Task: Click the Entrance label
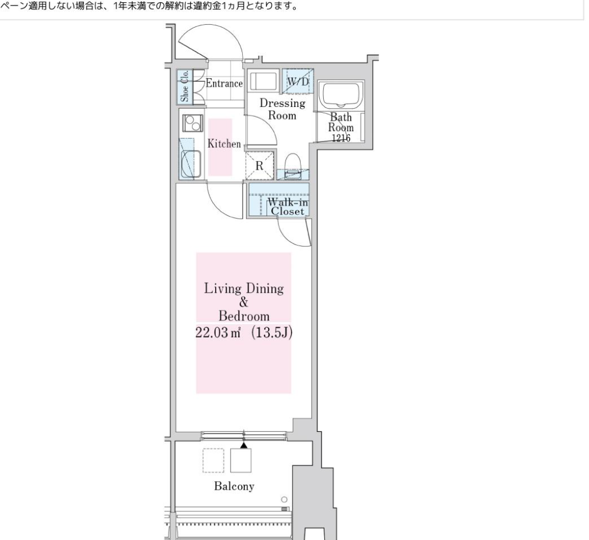pos(224,83)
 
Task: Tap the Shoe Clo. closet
pos(185,87)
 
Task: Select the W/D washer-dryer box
pos(298,81)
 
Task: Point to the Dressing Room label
pos(282,109)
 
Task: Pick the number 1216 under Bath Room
pos(341,138)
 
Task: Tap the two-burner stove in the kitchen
pos(193,123)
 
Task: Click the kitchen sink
pos(191,164)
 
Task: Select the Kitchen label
pos(224,144)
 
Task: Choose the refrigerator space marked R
pos(259,165)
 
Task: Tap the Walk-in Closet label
pos(288,207)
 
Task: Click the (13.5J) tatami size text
pos(271,333)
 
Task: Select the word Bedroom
pos(244,316)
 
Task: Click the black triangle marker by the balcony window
pos(244,445)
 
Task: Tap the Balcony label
pos(235,487)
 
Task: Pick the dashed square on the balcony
pos(213,461)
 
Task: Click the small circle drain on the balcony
pos(284,499)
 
